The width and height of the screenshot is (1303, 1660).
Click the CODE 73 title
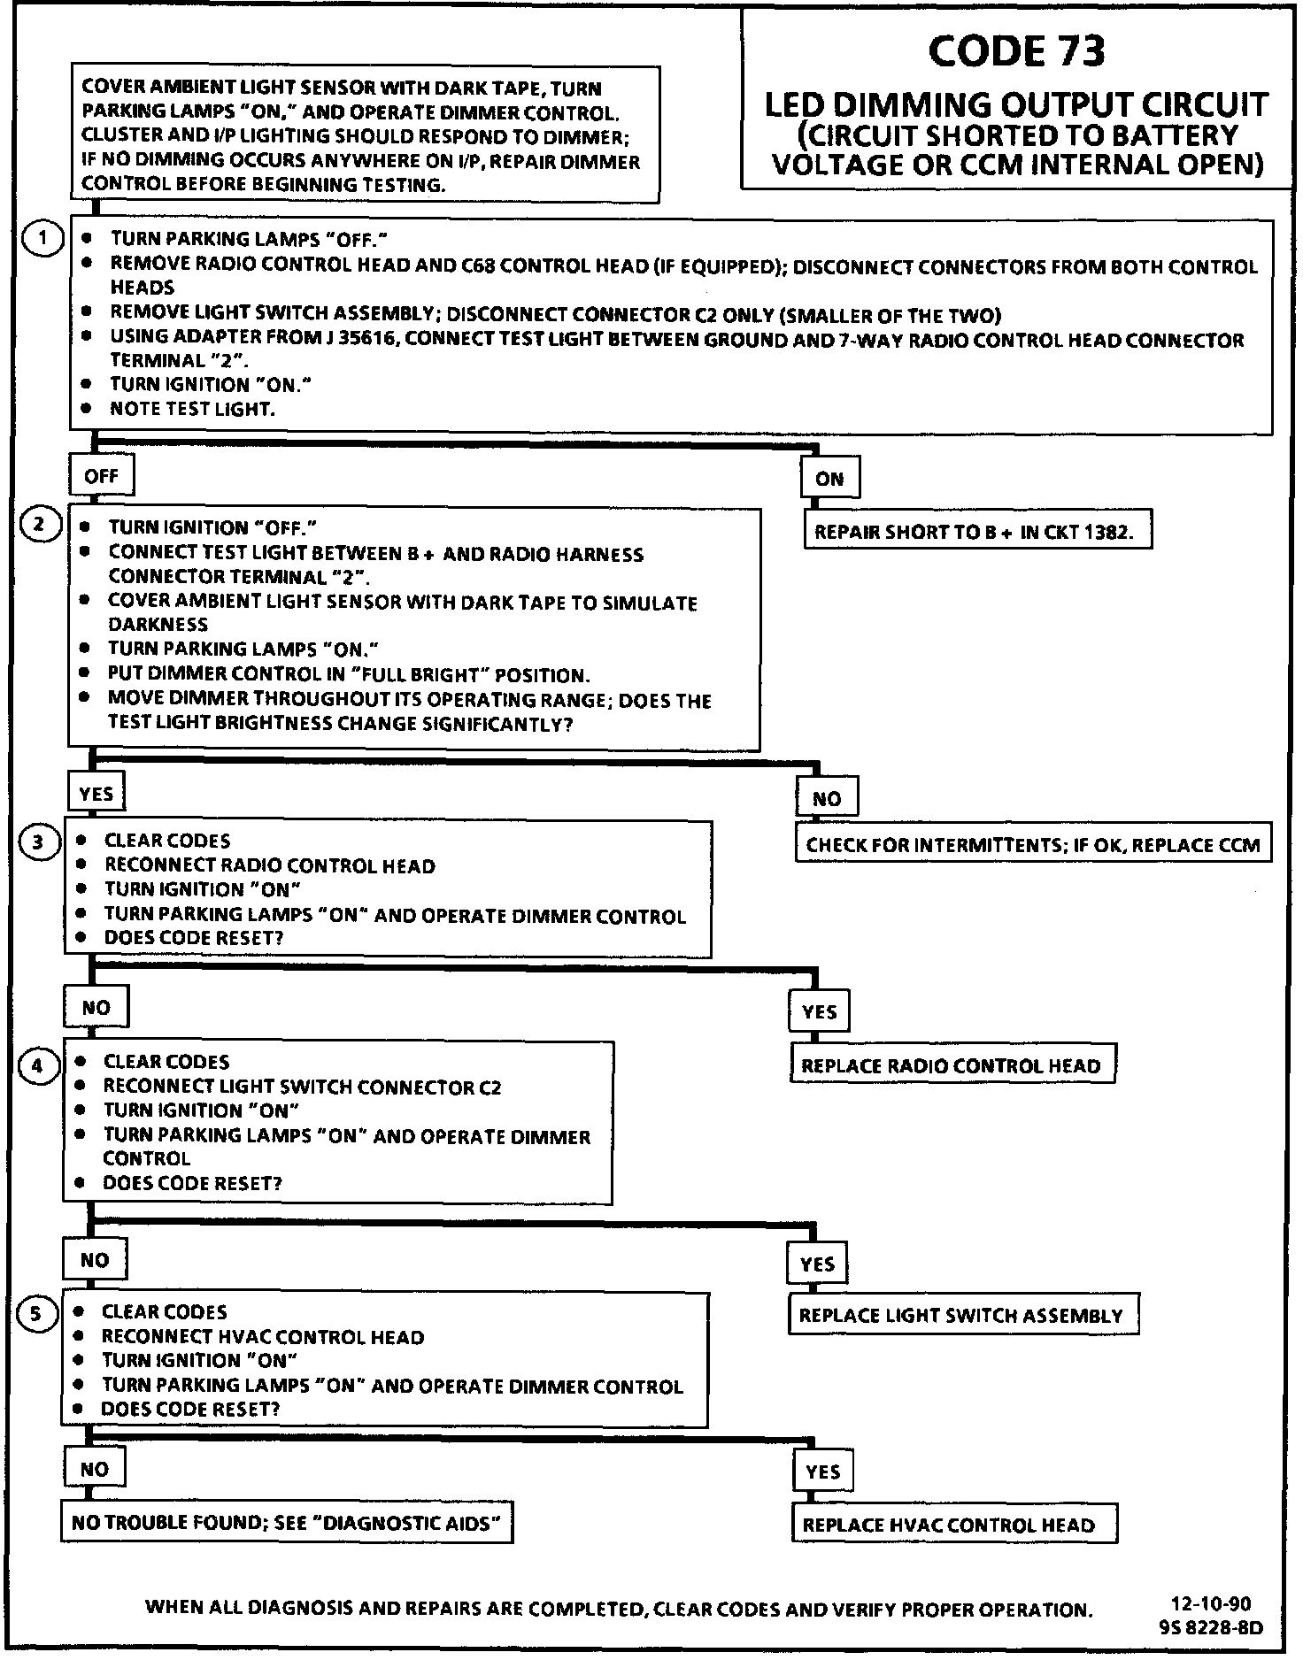click(x=1016, y=51)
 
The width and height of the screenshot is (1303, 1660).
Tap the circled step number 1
click(x=42, y=239)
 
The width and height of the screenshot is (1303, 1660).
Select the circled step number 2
click(x=39, y=525)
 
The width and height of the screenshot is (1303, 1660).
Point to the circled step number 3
click(x=37, y=842)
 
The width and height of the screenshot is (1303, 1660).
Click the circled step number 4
click(x=36, y=1066)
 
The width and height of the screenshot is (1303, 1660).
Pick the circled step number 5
click(x=35, y=1314)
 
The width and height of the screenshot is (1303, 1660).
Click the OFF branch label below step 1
click(x=101, y=476)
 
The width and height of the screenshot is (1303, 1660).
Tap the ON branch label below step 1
click(x=829, y=479)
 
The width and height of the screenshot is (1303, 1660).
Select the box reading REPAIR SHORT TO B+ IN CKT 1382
click(x=977, y=533)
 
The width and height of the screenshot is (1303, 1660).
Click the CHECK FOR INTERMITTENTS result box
click(x=1033, y=845)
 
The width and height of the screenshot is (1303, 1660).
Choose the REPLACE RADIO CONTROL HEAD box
click(x=952, y=1065)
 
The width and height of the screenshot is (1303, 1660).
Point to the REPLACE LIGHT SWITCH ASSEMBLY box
click(x=961, y=1316)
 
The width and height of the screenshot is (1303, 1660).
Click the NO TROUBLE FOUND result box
click(x=287, y=1523)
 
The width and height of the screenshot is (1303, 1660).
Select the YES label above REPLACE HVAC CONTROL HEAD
click(x=822, y=1472)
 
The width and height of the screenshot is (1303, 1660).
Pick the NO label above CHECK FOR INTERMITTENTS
click(x=826, y=799)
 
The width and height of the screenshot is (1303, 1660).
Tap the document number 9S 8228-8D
click(x=1210, y=1627)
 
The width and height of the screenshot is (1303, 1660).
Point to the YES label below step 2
click(x=96, y=793)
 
